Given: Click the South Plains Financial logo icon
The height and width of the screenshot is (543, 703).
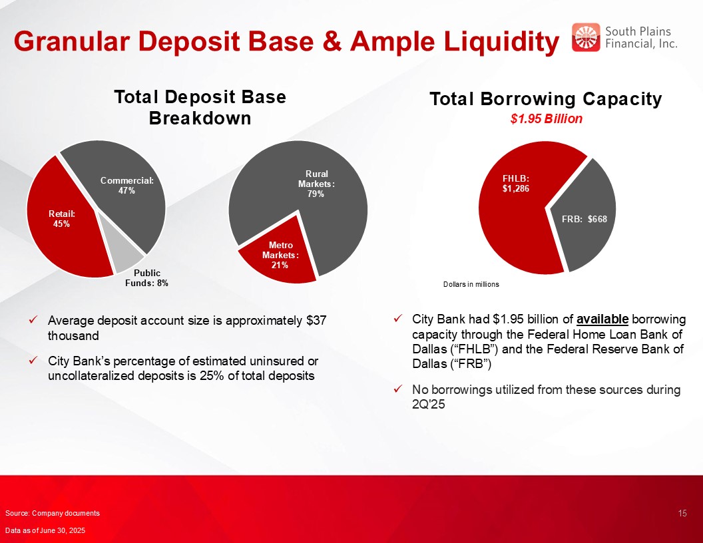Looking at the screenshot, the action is coord(586,37).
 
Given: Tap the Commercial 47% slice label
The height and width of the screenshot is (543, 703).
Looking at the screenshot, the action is coord(127,186).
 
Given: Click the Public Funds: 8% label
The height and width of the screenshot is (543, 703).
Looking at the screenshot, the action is coord(146,277).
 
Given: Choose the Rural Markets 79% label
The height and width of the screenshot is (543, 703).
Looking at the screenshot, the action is coord(316,184).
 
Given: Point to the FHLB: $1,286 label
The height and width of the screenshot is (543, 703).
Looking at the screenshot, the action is coord(515,184).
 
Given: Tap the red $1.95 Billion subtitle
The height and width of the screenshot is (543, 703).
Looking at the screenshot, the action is coord(546,118).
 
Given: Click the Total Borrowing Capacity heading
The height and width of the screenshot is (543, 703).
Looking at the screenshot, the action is coord(546,99).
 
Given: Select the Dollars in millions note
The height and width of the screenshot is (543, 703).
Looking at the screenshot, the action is coord(471,285).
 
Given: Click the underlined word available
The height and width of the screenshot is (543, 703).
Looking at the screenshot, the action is coord(602,319).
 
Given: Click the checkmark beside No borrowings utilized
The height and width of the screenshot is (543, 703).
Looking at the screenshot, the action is coord(397,389).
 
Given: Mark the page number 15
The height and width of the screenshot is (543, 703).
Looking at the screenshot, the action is coord(682,514).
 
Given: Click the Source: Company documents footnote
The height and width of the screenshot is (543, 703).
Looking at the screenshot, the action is coord(53,514).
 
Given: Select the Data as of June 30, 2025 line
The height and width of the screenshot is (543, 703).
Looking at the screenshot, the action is coord(45,530).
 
